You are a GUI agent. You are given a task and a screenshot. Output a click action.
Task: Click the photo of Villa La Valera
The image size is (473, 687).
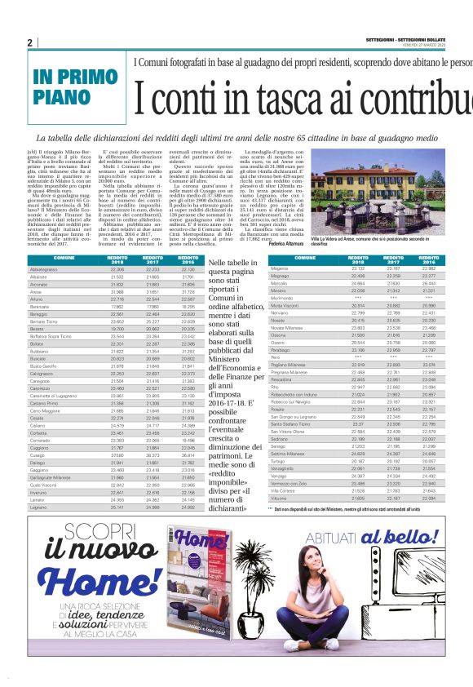coord(377,193)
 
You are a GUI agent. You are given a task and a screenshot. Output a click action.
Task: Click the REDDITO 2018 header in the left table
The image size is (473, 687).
coord(117,259)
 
